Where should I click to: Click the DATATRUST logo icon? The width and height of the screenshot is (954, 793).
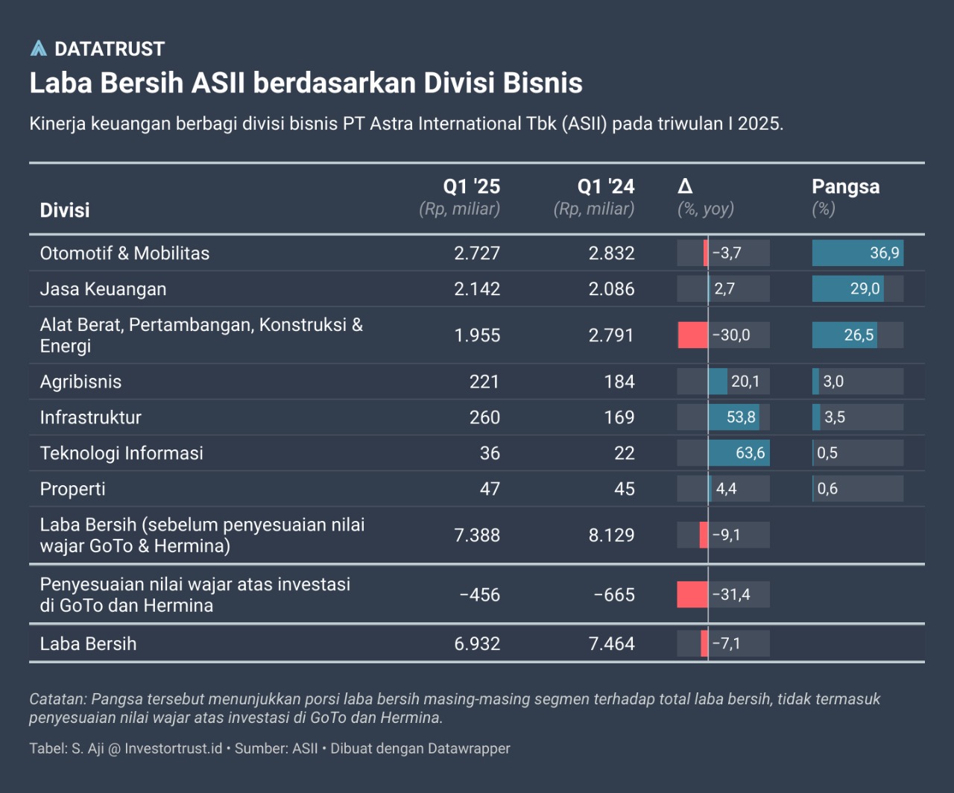[38, 48]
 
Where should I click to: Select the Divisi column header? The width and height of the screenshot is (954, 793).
[65, 210]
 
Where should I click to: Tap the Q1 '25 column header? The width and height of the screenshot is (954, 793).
[471, 186]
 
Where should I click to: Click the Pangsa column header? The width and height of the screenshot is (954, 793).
[845, 186]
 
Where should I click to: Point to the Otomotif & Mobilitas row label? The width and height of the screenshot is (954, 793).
[124, 253]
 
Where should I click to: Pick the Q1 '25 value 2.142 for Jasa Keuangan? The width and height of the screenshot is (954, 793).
[477, 289]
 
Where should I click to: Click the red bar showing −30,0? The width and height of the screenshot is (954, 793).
[692, 335]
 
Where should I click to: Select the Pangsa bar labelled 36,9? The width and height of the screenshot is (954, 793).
[857, 253]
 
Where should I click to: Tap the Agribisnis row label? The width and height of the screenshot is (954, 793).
[80, 382]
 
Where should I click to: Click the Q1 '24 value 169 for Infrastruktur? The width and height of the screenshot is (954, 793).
[619, 417]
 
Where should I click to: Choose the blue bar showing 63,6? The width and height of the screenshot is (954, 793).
[738, 453]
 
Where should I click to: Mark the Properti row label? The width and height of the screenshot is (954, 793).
[72, 489]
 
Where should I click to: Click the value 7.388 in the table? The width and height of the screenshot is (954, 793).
[477, 535]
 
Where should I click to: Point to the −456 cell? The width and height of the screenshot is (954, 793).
[480, 595]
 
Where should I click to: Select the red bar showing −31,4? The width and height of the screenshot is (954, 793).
[692, 595]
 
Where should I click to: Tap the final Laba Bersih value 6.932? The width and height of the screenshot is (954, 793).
[477, 644]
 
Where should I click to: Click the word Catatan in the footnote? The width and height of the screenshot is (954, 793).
[58, 699]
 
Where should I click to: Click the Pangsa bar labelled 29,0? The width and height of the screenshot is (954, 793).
[847, 289]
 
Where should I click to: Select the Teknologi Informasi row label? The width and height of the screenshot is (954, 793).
[121, 453]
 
